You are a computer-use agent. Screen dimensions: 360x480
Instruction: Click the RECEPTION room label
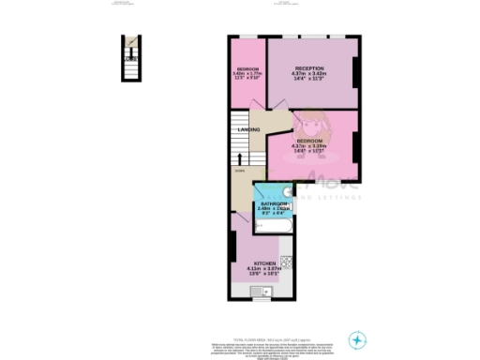[309, 68]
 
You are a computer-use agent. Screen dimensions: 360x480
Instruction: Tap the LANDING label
[248, 129]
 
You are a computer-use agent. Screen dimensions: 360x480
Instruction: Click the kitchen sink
[259, 292]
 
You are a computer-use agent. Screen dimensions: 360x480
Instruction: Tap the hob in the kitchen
[289, 263]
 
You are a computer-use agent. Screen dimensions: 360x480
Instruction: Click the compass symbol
[356, 338]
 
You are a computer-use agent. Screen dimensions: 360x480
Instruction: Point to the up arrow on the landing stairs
[239, 159]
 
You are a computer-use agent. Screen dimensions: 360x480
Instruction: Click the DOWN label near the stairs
[239, 171]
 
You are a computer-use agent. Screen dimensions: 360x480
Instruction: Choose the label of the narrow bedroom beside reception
[247, 70]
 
